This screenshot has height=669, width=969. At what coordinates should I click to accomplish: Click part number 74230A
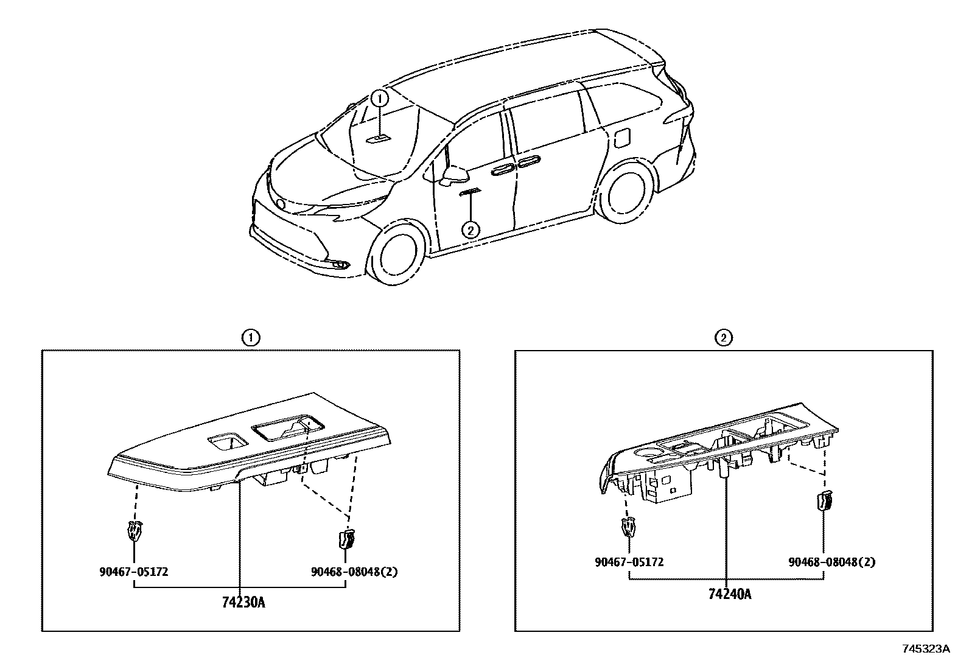click(243, 603)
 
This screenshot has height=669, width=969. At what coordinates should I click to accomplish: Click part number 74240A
click(729, 594)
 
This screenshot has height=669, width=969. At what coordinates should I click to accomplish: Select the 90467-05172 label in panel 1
click(133, 572)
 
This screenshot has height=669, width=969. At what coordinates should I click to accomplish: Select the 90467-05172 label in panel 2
click(629, 562)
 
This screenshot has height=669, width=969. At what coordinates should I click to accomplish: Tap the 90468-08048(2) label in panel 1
click(354, 572)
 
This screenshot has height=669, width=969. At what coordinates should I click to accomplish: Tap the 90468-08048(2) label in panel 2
click(831, 562)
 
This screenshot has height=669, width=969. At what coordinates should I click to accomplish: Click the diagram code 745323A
click(926, 649)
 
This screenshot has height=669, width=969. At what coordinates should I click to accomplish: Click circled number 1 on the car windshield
click(379, 98)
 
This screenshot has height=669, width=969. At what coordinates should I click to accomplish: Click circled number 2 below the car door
click(470, 230)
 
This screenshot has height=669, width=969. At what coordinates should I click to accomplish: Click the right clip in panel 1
click(346, 538)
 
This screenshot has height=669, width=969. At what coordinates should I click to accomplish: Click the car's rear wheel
click(625, 194)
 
